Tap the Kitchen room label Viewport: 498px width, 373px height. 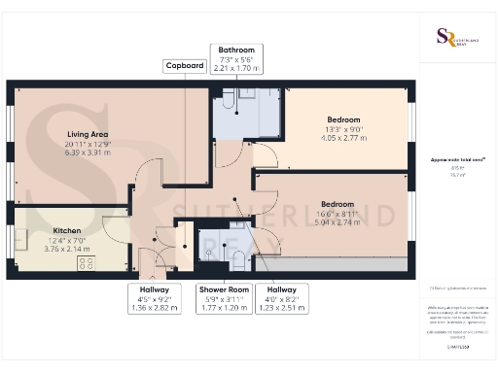[x=67, y=231]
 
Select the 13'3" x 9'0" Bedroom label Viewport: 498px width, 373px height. [x=342, y=119]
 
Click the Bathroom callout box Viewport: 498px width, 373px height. [x=235, y=59]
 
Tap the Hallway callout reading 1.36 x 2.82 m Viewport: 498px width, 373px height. [x=154, y=298]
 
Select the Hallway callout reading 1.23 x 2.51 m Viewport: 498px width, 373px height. [x=281, y=298]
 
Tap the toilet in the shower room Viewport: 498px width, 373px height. [x=236, y=254]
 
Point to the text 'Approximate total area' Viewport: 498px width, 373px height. [x=456, y=158]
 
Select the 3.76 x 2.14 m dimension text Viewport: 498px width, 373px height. [x=67, y=249]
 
